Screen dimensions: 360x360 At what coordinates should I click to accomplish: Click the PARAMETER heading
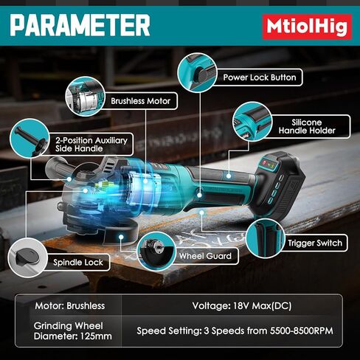[x=80, y=26]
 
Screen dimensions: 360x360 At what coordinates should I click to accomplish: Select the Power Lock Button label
[x=260, y=77]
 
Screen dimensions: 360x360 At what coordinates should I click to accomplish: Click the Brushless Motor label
[x=140, y=101]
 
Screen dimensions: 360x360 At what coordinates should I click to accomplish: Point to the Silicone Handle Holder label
[x=307, y=125]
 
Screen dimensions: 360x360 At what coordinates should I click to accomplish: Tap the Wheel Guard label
[x=205, y=257]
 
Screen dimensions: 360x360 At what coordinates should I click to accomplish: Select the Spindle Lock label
[x=81, y=262]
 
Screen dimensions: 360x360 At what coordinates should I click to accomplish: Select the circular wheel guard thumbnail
[x=155, y=252]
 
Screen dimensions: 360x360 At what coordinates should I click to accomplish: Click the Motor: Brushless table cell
[x=70, y=305]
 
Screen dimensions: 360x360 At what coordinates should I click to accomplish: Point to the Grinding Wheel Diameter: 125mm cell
[x=70, y=330]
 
